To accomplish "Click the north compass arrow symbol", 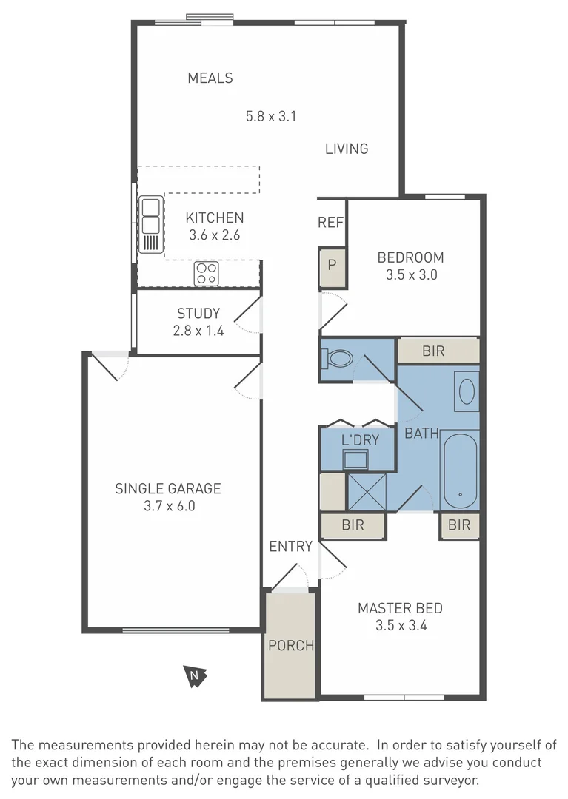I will click(195, 675).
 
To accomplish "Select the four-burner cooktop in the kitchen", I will click(207, 274).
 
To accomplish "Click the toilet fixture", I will click(337, 360).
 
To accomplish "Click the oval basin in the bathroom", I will click(467, 391).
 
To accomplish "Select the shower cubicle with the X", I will click(367, 491).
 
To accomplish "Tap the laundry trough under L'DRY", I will click(355, 459).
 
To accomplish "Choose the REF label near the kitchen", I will click(330, 223).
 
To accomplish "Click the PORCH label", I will click(291, 645).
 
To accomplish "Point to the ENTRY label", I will click(290, 547).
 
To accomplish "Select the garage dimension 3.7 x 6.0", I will click(168, 507).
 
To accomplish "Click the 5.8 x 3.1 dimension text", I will click(271, 115).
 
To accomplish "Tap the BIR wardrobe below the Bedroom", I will click(433, 351).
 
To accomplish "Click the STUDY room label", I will click(198, 314).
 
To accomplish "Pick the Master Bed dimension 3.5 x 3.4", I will click(400, 625).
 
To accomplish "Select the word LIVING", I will click(347, 149).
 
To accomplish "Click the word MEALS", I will click(210, 78).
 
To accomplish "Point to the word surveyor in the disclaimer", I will click(450, 780).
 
